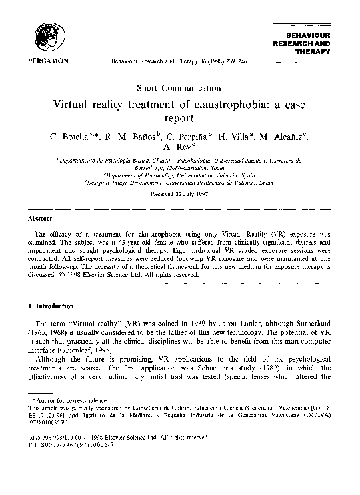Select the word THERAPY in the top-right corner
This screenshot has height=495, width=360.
[x=317, y=50]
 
